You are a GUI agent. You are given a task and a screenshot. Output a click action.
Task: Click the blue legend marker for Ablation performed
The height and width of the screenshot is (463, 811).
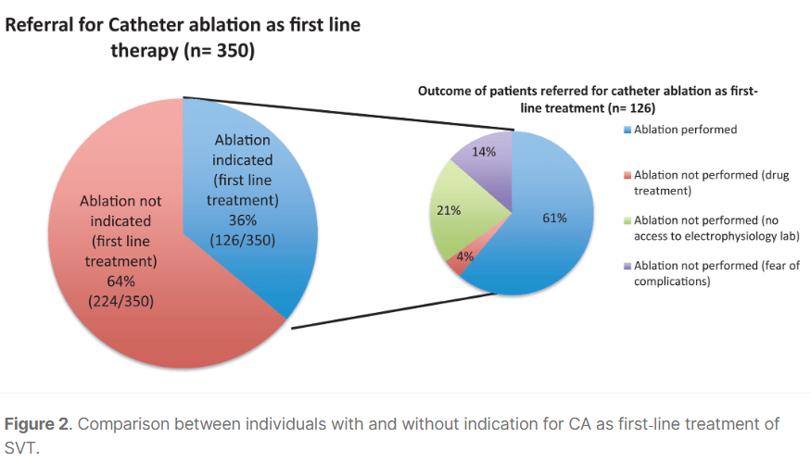627,131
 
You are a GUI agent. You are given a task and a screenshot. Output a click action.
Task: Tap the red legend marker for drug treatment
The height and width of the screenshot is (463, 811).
627,175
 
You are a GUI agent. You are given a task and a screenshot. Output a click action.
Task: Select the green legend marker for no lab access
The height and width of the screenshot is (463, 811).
627,219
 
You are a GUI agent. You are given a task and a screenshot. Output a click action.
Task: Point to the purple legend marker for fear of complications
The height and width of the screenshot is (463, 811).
627,266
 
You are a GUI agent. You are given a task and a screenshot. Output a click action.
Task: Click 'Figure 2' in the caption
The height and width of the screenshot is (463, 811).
37,424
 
